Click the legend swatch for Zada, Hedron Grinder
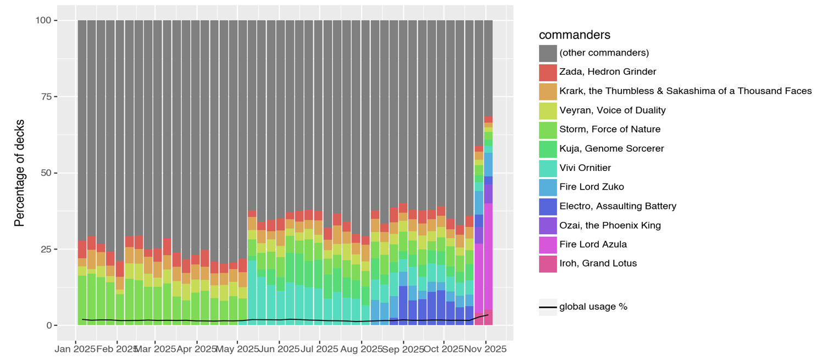click(548, 72)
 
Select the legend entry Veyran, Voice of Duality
click(612, 110)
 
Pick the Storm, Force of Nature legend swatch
click(548, 130)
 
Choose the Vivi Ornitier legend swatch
click(548, 168)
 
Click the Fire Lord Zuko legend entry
click(591, 187)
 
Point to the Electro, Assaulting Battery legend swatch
click(548, 206)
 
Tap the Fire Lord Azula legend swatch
click(548, 245)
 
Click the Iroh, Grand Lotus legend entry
click(598, 263)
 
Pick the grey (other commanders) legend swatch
click(548, 53)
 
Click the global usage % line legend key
click(548, 307)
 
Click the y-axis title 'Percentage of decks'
click(20, 173)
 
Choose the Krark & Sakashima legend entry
click(685, 91)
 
